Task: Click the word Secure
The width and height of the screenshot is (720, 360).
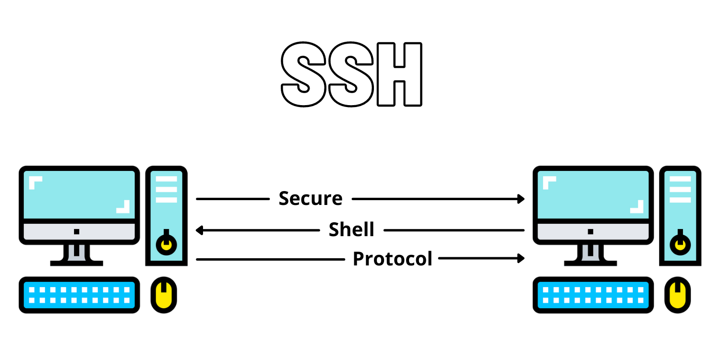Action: point(311,198)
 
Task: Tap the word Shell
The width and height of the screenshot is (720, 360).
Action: point(351,230)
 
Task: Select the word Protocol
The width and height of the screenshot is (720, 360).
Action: point(393,259)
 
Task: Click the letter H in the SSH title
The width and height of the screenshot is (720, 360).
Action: point(399,74)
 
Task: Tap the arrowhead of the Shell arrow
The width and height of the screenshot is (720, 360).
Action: point(200,230)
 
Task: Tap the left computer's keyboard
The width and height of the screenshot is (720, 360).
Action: point(79,295)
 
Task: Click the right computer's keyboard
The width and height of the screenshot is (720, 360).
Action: point(593,295)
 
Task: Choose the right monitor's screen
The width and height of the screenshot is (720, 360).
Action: point(593,194)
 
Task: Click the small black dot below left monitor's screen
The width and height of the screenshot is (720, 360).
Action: point(77,231)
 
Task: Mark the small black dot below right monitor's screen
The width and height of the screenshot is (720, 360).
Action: point(590,231)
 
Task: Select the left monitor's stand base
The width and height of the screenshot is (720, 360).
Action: point(77,263)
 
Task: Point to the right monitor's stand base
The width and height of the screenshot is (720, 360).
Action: point(590,263)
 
